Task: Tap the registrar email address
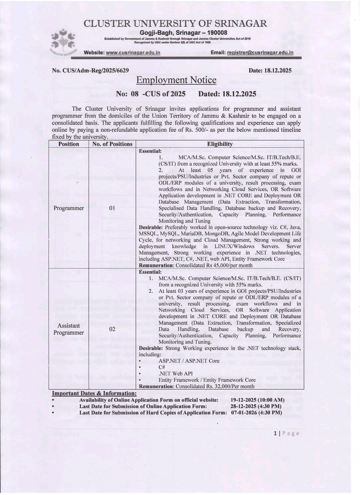coord(260,53)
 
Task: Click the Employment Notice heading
coord(176,80)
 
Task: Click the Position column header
coord(69,144)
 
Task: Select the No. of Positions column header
coord(112,144)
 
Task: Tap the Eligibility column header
coord(220,144)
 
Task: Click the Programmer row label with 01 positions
coord(69,208)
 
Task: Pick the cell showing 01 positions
coord(112,208)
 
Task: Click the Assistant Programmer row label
coord(69,329)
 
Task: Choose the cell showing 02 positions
coord(112,329)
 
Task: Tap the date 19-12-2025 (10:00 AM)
coord(257,400)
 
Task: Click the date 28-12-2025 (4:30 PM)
coord(256,406)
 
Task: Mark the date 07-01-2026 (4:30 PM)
coord(257,413)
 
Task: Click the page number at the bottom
coord(275,433)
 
